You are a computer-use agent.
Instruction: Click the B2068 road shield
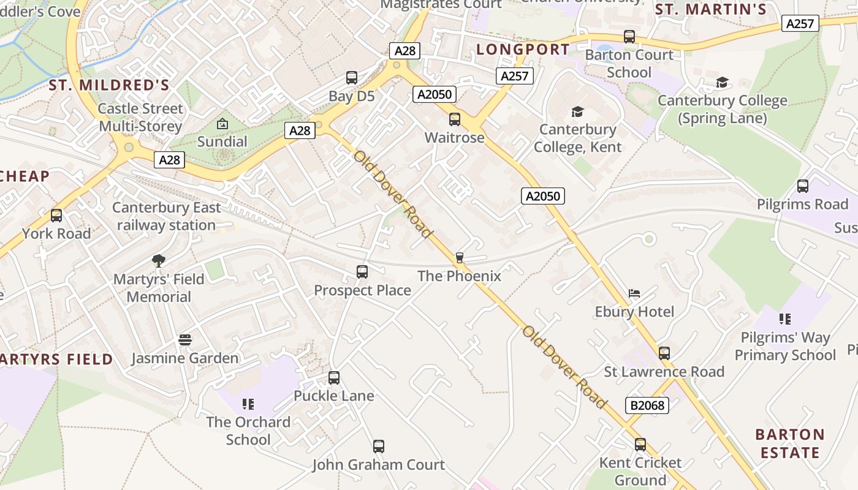(x=647, y=405)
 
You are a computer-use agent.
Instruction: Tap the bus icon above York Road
(x=56, y=216)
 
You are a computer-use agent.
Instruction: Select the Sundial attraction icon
(x=222, y=124)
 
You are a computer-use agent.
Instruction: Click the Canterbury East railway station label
(x=166, y=216)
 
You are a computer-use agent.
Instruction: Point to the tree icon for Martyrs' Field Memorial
(x=159, y=261)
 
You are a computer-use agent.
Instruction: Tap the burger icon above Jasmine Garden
(x=185, y=340)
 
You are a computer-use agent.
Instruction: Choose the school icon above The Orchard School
(x=248, y=404)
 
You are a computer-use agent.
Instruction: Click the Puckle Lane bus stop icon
(x=334, y=378)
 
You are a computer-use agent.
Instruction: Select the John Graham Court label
(x=378, y=465)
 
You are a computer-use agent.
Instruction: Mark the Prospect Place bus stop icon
(x=362, y=272)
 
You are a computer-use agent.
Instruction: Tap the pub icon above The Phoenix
(x=460, y=258)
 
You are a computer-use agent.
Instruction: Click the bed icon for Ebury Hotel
(x=634, y=294)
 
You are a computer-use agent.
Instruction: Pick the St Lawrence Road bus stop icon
(x=664, y=353)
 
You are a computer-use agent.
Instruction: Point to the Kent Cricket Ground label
(x=640, y=471)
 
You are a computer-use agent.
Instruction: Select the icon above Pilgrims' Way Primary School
(x=784, y=319)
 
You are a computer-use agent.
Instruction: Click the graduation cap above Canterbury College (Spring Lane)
(x=723, y=83)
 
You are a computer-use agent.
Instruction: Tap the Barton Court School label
(x=629, y=64)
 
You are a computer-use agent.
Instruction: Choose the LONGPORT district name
(x=523, y=50)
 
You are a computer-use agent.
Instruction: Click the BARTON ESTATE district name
(x=790, y=444)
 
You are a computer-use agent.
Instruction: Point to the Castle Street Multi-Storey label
(x=140, y=118)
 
